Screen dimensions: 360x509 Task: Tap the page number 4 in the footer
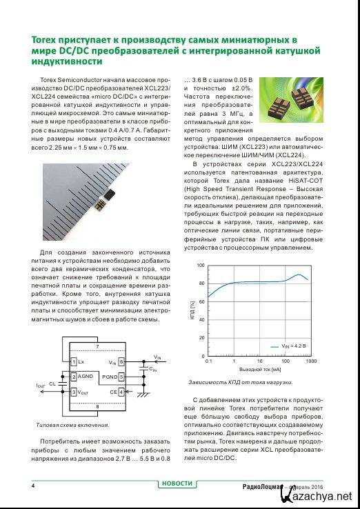point(33,486)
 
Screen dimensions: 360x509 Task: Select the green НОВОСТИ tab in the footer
point(177,483)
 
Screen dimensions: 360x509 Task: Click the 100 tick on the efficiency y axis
point(200,266)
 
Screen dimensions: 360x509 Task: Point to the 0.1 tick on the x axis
point(208,361)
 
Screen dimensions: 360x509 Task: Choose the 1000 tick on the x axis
point(310,361)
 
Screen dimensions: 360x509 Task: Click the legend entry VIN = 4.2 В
point(288,346)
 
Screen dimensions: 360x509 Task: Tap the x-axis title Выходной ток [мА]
point(259,370)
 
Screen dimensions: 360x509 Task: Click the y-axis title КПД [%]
point(192,310)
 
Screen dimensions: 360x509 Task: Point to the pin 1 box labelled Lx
point(74,361)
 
